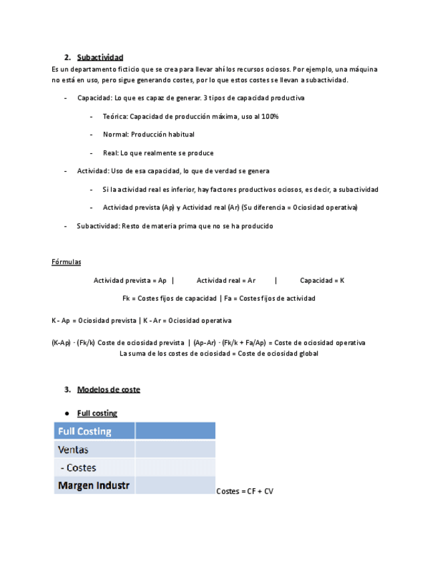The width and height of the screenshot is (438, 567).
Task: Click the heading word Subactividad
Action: point(100,58)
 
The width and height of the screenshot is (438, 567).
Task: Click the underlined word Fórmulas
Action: point(66,261)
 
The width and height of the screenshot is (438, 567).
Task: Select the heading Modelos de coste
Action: point(108,389)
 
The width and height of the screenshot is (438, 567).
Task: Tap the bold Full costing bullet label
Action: point(97,413)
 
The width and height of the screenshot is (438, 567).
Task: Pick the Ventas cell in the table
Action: point(74,449)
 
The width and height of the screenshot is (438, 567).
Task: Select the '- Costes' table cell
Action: point(78,467)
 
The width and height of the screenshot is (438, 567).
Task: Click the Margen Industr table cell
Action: point(94,485)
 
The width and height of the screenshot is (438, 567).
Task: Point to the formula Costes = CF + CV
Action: point(245,491)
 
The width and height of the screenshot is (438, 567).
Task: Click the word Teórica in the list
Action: point(114,116)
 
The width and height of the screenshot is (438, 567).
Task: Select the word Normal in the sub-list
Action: point(114,134)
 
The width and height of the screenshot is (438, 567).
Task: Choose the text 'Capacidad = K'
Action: point(322,281)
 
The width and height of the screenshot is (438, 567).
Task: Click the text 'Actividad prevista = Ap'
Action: point(130,281)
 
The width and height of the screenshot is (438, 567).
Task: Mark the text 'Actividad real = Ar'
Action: point(226,281)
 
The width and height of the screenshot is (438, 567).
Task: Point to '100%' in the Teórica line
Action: point(270,116)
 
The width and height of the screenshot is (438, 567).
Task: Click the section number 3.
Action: point(67,389)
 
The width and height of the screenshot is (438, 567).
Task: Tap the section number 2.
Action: point(67,58)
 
